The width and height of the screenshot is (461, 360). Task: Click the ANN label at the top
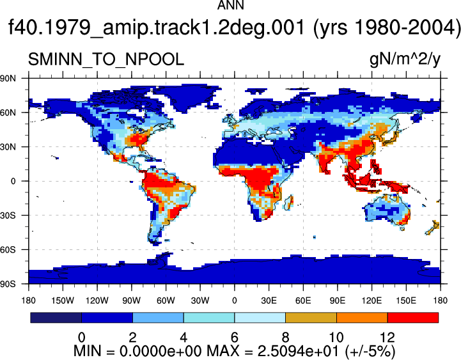tap(230, 5)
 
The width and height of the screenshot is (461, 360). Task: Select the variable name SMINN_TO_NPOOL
tap(106, 59)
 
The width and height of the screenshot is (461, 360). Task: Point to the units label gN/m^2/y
tap(405, 59)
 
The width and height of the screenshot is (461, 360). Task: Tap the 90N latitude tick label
tap(8, 78)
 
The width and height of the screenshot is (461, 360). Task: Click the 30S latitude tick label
tap(8, 215)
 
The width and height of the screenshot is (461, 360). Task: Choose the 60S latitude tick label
tap(8, 250)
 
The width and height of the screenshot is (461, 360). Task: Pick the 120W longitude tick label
tap(97, 301)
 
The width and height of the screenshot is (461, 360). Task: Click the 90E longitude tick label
tap(337, 301)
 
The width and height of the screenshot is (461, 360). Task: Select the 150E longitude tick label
tap(406, 301)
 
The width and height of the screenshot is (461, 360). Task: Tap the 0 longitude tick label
tap(234, 301)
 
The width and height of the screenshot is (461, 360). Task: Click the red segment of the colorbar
tap(413, 318)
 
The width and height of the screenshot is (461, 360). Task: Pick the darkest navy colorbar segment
tap(56, 318)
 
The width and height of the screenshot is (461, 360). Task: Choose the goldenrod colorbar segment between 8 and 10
tap(311, 318)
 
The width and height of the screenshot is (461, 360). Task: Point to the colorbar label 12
tap(387, 337)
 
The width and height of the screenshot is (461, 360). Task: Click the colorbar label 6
tap(234, 337)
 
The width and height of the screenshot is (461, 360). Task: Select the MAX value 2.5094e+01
tap(299, 351)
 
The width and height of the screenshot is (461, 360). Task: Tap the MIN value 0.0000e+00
tap(160, 351)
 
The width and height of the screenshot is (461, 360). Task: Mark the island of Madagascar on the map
tap(289, 202)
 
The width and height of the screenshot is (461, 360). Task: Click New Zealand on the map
tap(433, 228)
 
